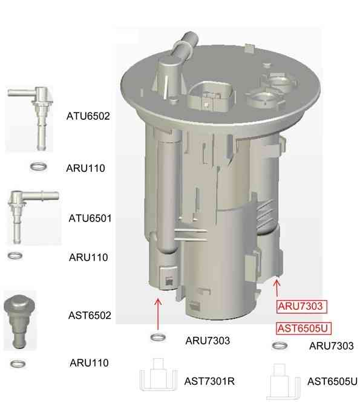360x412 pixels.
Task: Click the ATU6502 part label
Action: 88,116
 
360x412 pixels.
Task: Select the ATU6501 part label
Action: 90,218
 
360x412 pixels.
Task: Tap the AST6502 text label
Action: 90,315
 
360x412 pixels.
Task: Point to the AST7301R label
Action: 209,381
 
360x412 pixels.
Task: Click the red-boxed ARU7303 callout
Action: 302,306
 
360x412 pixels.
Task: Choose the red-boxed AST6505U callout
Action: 304,328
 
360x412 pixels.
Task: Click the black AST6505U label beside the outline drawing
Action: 332,381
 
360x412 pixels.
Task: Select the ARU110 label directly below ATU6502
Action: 86,168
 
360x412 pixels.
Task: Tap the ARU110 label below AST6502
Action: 89,363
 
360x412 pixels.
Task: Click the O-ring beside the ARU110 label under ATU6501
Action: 15,256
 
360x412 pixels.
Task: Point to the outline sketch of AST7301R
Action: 158,374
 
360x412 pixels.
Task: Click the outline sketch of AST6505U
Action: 283,382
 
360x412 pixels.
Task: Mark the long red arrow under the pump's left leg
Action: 158,314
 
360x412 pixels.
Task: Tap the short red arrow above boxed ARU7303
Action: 277,288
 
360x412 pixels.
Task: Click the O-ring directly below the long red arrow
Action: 158,338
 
